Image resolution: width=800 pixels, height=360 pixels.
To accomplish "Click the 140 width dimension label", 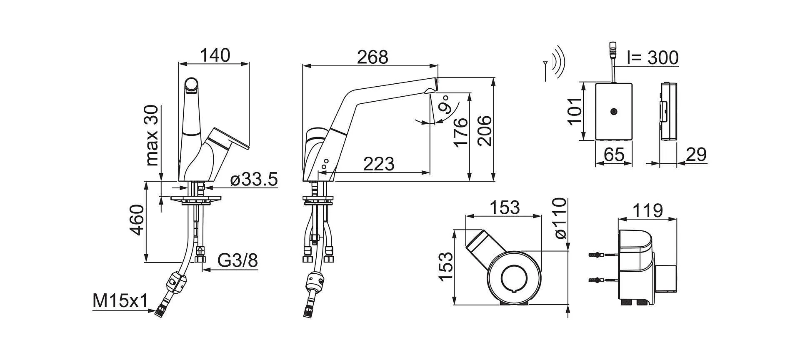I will click(x=215, y=55).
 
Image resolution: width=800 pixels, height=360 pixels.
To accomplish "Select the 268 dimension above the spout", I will click(x=372, y=57).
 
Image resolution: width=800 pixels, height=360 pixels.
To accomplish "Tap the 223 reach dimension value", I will click(x=378, y=164).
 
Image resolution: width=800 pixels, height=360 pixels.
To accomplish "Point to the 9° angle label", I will click(x=445, y=105).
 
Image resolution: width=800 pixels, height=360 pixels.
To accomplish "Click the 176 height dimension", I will click(x=461, y=132).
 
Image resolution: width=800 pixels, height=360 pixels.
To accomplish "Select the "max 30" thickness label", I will click(x=152, y=135).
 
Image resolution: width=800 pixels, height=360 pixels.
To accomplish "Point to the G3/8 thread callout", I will click(x=238, y=261).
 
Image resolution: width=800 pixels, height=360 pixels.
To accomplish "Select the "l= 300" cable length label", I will click(x=652, y=58).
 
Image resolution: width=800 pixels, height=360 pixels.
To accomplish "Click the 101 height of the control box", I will click(x=575, y=111).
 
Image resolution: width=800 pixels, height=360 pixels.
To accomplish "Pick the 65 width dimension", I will click(x=614, y=155).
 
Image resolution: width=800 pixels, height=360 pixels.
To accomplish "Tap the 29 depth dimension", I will click(x=696, y=155).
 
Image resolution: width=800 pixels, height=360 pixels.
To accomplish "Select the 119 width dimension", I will click(x=647, y=210).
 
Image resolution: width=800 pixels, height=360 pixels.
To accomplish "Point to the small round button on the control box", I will click(x=613, y=112).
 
